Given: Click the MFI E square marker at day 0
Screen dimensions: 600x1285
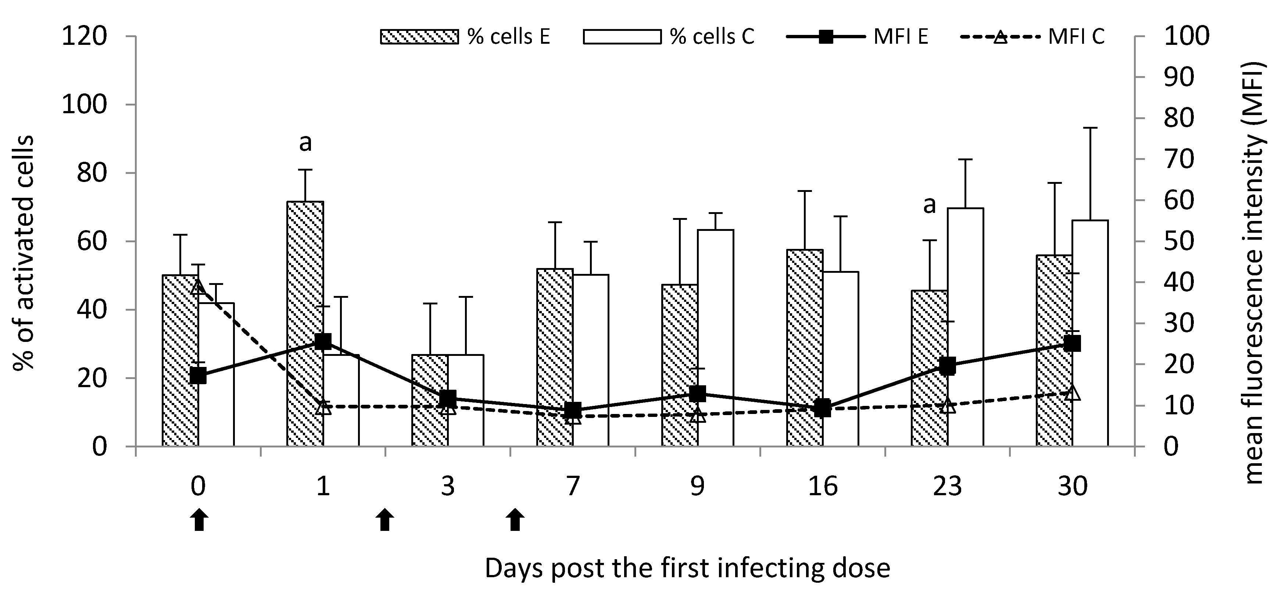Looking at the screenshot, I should click(x=198, y=376).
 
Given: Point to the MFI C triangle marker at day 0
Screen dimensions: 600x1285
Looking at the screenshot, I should click(x=198, y=287).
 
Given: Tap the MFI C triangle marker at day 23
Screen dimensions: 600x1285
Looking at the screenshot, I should click(x=948, y=406).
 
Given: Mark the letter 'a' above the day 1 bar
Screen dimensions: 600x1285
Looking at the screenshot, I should click(x=305, y=143).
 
